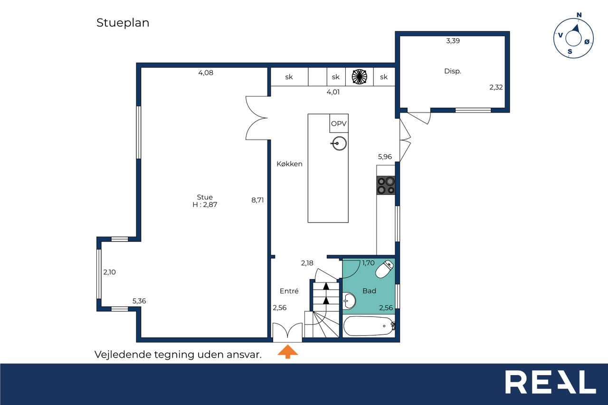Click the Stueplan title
click(x=123, y=23)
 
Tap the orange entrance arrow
click(x=288, y=351)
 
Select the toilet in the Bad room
click(x=385, y=269)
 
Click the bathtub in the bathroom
click(x=369, y=326)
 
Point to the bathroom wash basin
click(x=349, y=301)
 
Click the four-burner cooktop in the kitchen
click(x=386, y=185)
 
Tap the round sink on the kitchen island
click(x=339, y=143)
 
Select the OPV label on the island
click(x=339, y=124)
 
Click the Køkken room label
click(x=289, y=164)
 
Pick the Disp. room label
click(x=453, y=71)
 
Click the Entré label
click(x=289, y=291)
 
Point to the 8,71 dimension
click(x=257, y=200)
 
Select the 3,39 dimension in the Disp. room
click(x=453, y=41)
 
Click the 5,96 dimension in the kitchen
click(x=385, y=157)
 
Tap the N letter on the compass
click(x=579, y=15)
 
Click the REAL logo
click(x=551, y=382)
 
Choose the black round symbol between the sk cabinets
click(x=360, y=77)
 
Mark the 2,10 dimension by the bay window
click(x=109, y=272)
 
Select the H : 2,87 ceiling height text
click(x=205, y=205)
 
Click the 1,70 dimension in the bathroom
click(x=368, y=263)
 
